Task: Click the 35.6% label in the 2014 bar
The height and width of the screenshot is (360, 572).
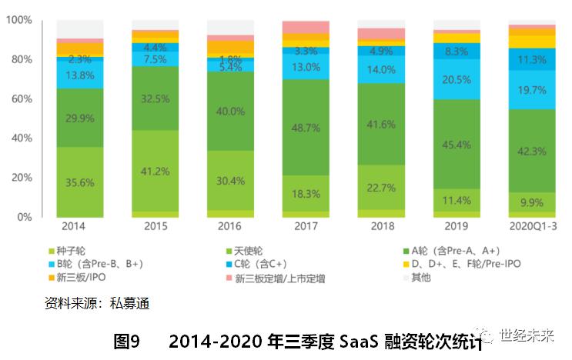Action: [79, 182]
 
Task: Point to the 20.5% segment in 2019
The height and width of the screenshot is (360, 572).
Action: [457, 79]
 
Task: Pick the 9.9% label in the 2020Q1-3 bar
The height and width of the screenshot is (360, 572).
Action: [532, 203]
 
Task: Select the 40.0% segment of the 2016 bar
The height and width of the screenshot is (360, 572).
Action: [230, 111]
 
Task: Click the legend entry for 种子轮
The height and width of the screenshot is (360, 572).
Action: [69, 250]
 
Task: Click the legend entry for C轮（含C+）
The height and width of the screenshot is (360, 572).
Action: [271, 264]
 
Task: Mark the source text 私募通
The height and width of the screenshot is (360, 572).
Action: [130, 303]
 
